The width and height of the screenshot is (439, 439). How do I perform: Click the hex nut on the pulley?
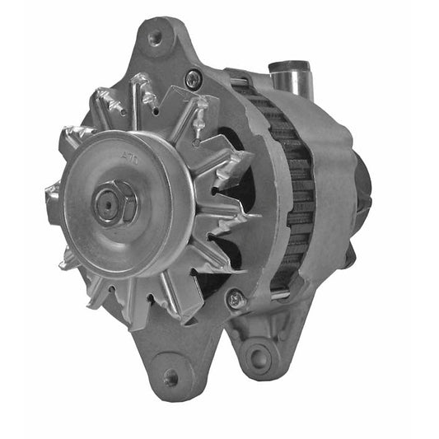tap(114, 205)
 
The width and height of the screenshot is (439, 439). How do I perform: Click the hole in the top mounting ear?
tap(154, 38)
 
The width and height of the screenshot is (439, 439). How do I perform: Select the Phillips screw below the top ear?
tap(193, 79)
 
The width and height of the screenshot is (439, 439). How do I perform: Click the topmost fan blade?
tap(141, 95)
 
